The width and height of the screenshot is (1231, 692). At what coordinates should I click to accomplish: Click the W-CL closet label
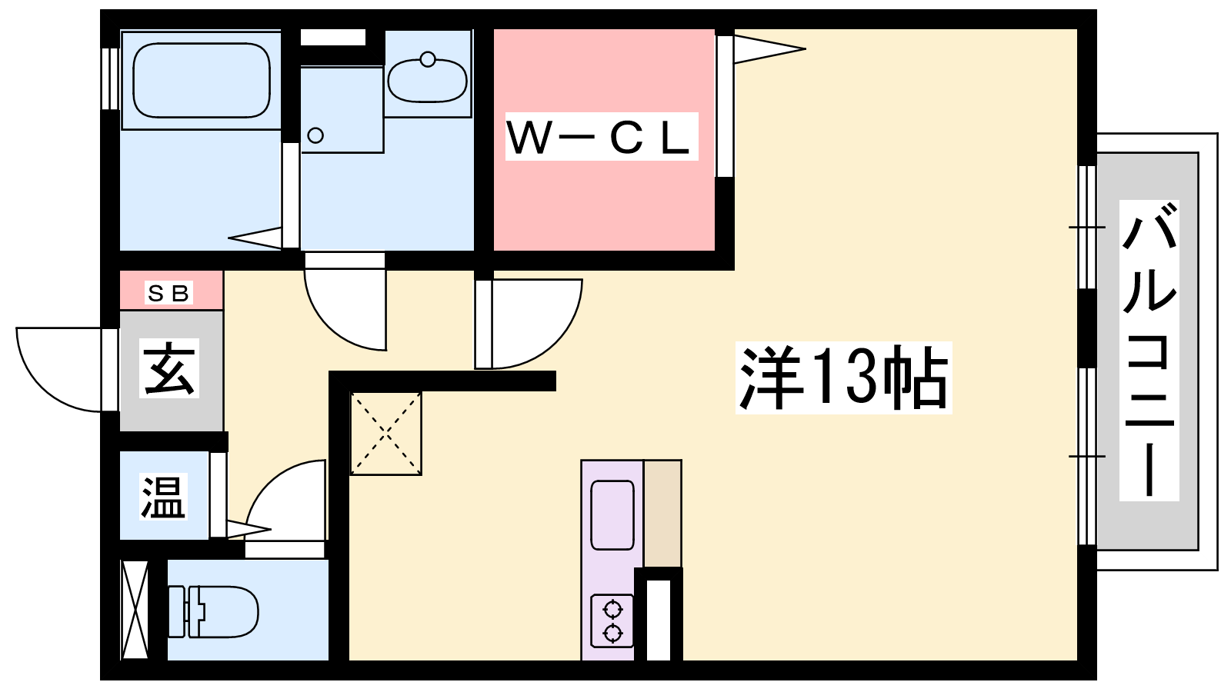pyautogui.click(x=601, y=137)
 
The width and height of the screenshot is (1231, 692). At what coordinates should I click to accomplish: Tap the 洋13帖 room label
pyautogui.click(x=843, y=378)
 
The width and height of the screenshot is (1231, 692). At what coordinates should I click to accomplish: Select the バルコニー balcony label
pyautogui.click(x=1149, y=350)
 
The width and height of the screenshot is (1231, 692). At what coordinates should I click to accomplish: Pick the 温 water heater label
pyautogui.click(x=163, y=497)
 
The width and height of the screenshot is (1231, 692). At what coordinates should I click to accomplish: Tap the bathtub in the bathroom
pyautogui.click(x=202, y=79)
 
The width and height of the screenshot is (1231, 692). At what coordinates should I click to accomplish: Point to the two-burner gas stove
pyautogui.click(x=612, y=620)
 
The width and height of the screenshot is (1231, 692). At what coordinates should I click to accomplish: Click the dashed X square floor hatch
pyautogui.click(x=385, y=434)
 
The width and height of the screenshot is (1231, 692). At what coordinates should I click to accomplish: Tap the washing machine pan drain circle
pyautogui.click(x=315, y=136)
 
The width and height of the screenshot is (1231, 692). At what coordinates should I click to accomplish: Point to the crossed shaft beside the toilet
pyautogui.click(x=135, y=610)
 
